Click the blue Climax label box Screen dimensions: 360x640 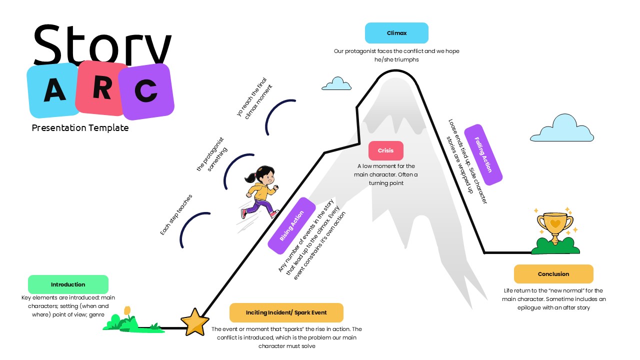click(x=396, y=33)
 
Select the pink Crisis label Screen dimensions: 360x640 click(x=385, y=150)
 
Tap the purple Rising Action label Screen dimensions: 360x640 click(x=291, y=225)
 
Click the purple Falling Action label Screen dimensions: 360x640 click(x=483, y=154)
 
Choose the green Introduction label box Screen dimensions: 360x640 click(x=68, y=284)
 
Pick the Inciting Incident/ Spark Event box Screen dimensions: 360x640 click(x=286, y=312)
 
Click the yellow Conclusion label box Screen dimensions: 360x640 click(x=553, y=274)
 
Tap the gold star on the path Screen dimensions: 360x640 click(x=194, y=322)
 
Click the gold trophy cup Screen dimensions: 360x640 click(x=555, y=225)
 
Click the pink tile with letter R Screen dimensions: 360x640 click(x=102, y=87)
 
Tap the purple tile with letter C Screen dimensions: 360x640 click(x=146, y=91)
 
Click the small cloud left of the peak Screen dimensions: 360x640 click(x=337, y=84)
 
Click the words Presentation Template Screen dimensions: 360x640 click(x=80, y=128)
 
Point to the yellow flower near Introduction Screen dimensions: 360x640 click(x=127, y=311)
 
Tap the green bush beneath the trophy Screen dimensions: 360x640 click(x=555, y=245)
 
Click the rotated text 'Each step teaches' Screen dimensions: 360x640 click(x=176, y=215)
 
